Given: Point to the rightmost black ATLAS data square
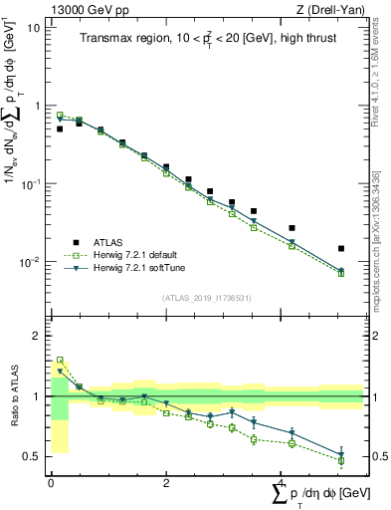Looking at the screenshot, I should tap(341, 248).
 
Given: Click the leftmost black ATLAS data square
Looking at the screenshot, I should tap(60, 128).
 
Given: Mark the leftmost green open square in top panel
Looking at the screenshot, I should tap(60, 115).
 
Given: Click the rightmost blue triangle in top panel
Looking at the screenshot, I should tap(341, 271).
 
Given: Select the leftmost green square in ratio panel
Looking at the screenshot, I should tap(60, 360).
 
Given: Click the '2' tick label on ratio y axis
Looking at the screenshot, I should tap(38, 336).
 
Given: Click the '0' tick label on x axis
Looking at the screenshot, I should tap(51, 483).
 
